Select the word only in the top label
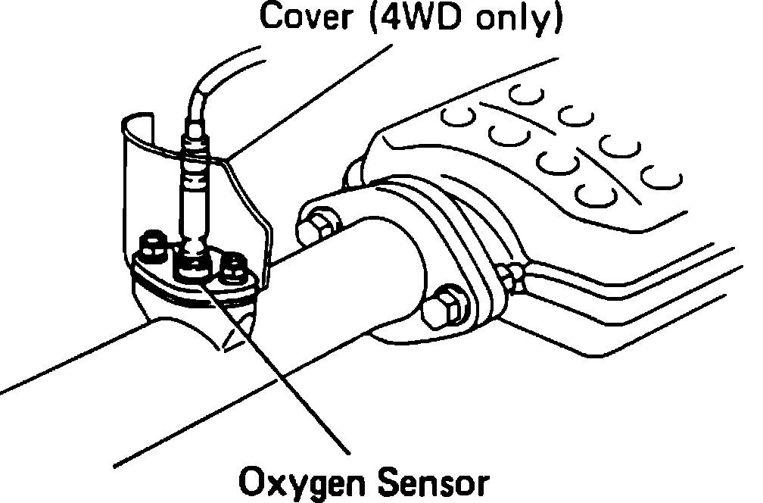click(520, 20)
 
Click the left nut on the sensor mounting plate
click(152, 244)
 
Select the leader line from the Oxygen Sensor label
click(288, 364)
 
